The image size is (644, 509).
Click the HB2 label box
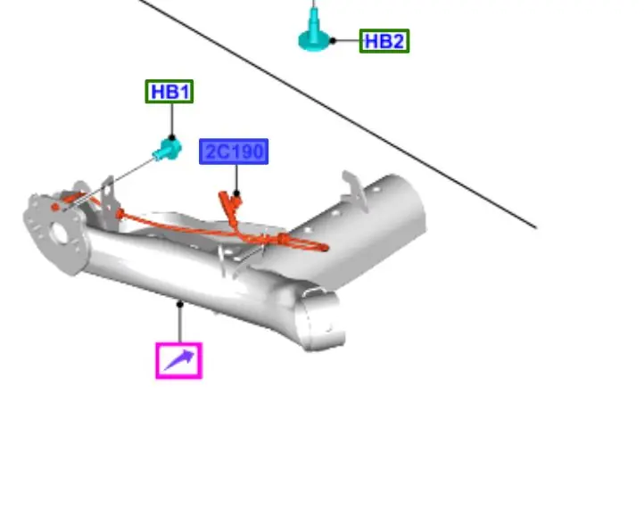point(384,41)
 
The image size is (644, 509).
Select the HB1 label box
point(169,91)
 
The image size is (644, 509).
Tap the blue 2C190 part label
point(234,152)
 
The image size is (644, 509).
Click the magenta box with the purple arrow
point(179,360)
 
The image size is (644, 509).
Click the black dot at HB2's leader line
point(333,40)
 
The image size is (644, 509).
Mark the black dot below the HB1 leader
point(172,138)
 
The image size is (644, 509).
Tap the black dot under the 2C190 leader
point(236,193)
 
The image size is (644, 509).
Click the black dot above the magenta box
point(179,304)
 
